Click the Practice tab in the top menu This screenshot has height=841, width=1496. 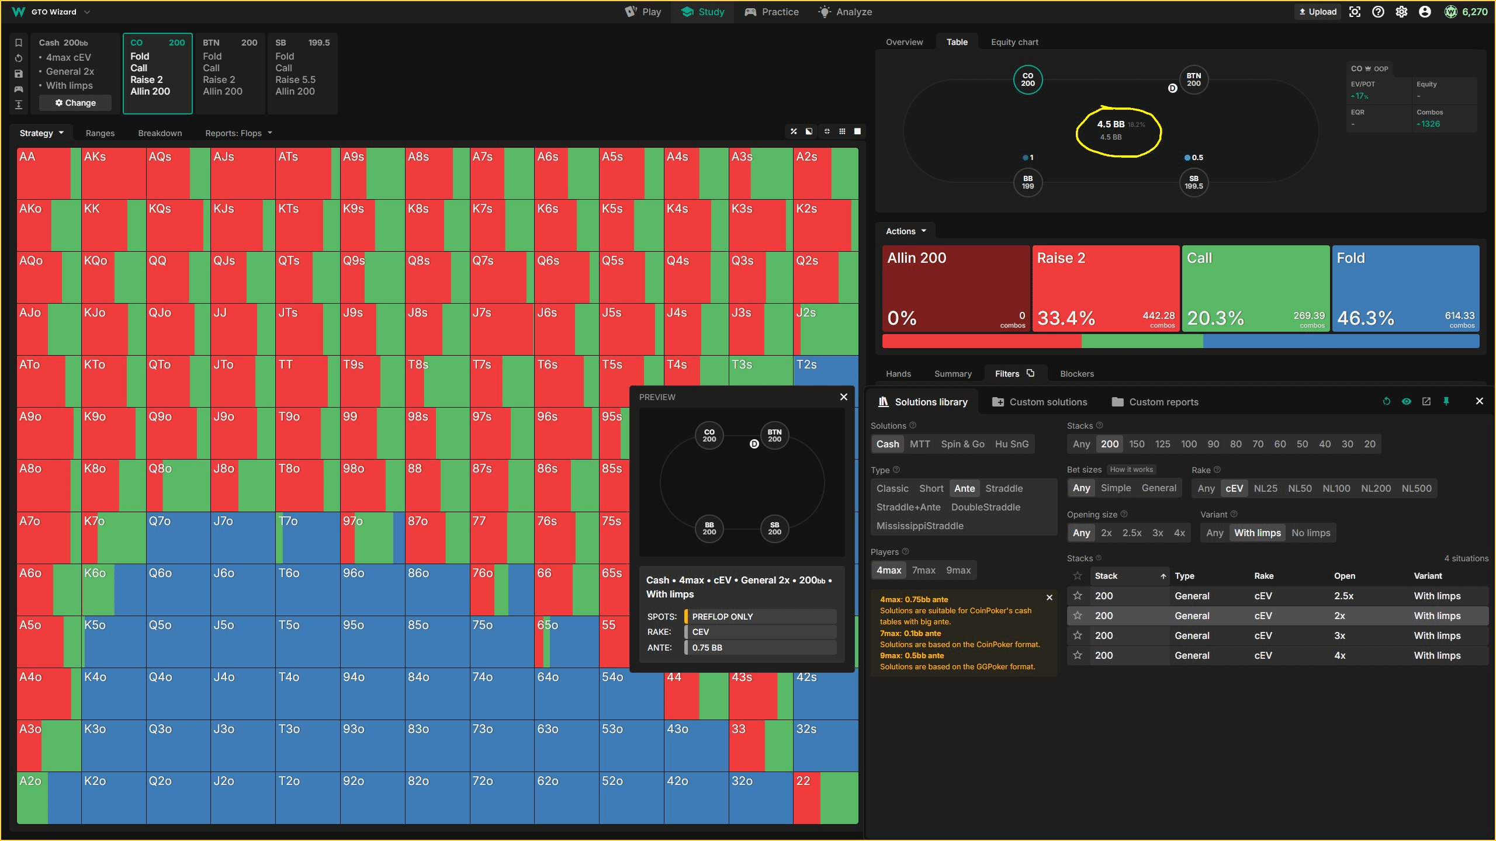tap(771, 12)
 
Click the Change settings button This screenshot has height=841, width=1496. tap(75, 103)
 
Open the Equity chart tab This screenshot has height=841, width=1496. tap(1014, 42)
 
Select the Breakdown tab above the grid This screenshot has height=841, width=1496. tap(160, 133)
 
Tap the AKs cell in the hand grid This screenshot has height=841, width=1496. tap(113, 173)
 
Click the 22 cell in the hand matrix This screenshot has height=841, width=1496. tap(825, 798)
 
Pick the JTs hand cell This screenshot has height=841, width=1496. tap(307, 329)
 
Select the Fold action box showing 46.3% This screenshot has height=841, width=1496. tap(1405, 289)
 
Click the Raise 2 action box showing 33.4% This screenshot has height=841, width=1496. tap(1106, 289)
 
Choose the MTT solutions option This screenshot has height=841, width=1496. tap(920, 444)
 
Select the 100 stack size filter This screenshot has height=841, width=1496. tap(1189, 444)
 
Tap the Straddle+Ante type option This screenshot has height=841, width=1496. tap(908, 507)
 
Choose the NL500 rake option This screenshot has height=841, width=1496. tap(1416, 488)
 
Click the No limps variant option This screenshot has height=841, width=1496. tap(1311, 533)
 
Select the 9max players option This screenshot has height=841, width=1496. tap(958, 570)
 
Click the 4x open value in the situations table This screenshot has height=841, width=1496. tap(1340, 655)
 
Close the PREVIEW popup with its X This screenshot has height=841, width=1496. tap(843, 397)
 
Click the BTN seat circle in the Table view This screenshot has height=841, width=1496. tap(1193, 80)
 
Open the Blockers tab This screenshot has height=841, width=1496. tap(1076, 374)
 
